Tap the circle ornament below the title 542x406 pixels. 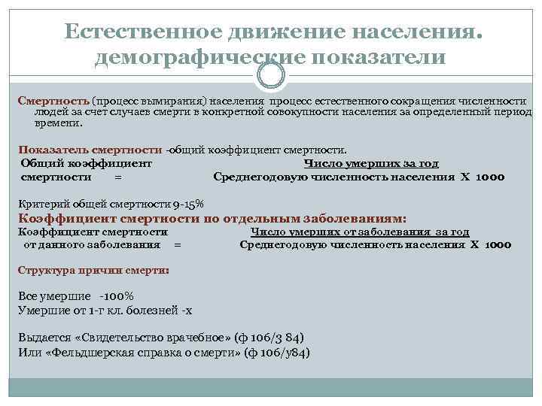271,75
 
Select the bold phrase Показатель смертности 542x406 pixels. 91,150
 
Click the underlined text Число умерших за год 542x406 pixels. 370,163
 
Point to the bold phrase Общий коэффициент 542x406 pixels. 86,163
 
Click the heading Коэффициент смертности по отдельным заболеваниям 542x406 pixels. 212,219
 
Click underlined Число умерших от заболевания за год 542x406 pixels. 359,232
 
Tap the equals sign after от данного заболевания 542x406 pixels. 177,245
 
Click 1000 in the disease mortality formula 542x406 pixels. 498,245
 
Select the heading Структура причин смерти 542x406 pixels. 93,269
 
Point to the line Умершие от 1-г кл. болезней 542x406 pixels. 105,309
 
